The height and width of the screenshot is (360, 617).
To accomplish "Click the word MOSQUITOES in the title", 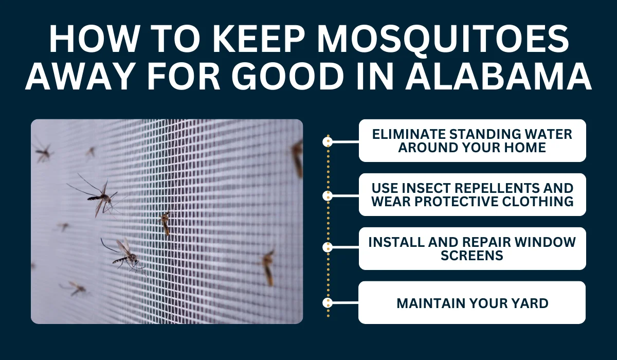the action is pyautogui.click(x=443, y=39).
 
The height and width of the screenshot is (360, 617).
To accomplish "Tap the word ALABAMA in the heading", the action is pyautogui.click(x=498, y=76).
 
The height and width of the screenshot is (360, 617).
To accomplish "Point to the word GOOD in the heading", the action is pyautogui.click(x=288, y=76).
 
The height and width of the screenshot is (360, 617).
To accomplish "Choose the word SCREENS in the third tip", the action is pyautogui.click(x=472, y=255).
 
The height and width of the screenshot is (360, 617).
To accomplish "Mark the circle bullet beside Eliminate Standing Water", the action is pyautogui.click(x=328, y=142).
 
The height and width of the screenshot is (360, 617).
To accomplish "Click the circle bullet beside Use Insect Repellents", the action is pyautogui.click(x=328, y=196).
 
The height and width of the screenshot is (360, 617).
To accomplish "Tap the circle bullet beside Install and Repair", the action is pyautogui.click(x=328, y=247).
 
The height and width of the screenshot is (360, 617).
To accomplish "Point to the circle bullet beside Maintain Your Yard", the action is pyautogui.click(x=328, y=303).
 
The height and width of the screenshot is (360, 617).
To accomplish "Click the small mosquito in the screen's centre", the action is pyautogui.click(x=166, y=222).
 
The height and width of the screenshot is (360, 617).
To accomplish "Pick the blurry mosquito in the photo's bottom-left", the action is pyautogui.click(x=75, y=288).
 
